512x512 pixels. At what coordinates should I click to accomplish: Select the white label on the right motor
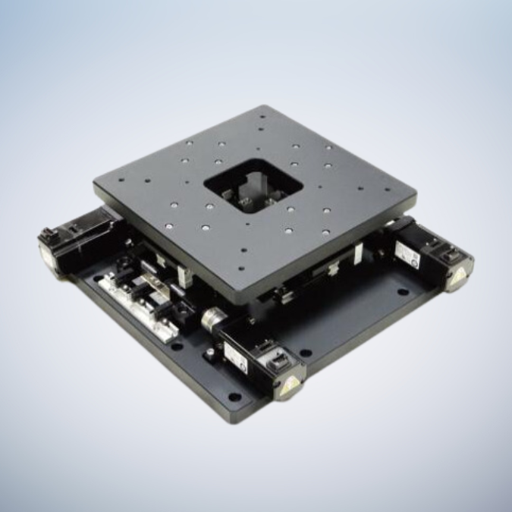(416, 259)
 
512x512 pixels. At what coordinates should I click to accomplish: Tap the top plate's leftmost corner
(94, 182)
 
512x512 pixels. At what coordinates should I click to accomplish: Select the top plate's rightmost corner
(416, 192)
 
